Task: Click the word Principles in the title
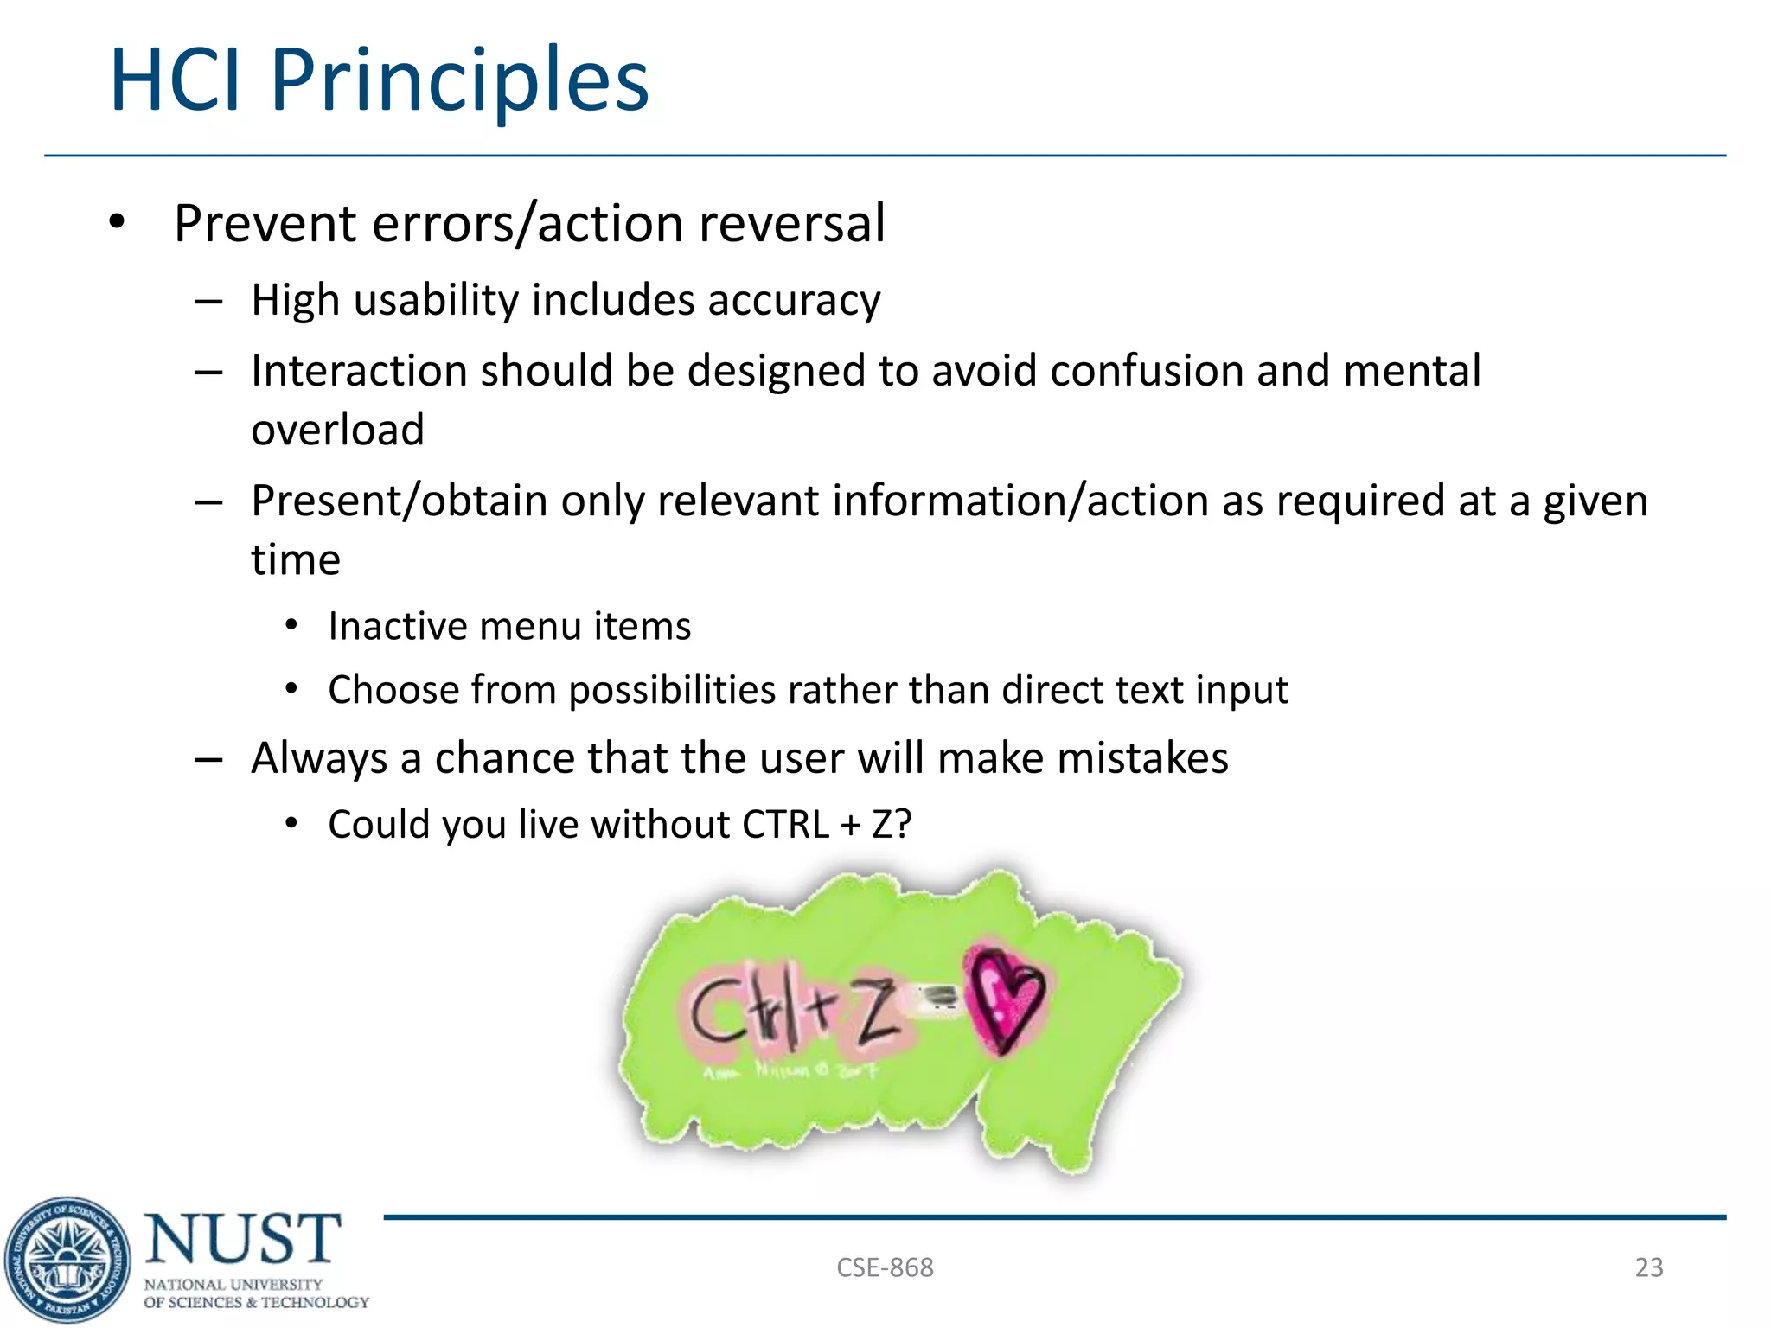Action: pos(459,80)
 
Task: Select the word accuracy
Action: pos(794,301)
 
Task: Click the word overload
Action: pos(337,430)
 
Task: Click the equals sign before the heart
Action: pos(939,1000)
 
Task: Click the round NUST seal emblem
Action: pos(67,1260)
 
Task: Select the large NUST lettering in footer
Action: pos(243,1238)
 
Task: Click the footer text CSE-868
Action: pos(885,1267)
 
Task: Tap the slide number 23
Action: pos(1648,1267)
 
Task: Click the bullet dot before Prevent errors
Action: pos(117,223)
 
